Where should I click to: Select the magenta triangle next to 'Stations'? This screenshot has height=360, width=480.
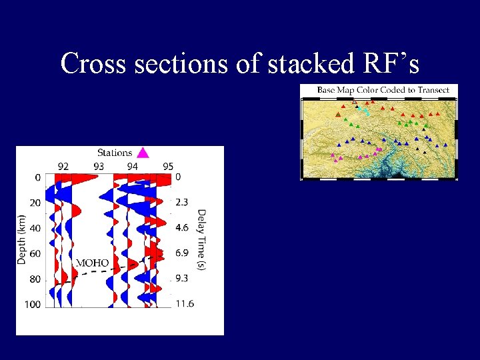click(x=142, y=153)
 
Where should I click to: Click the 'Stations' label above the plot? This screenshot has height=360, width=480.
click(x=114, y=153)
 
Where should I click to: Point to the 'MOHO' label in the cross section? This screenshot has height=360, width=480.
click(x=92, y=263)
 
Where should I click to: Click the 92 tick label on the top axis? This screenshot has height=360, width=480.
click(x=63, y=166)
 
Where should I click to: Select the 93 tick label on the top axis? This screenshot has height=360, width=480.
click(x=98, y=166)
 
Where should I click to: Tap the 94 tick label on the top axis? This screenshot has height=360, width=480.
click(x=133, y=166)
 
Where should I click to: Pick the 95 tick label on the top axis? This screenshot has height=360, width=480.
click(x=167, y=166)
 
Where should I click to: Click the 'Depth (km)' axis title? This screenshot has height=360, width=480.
click(x=23, y=239)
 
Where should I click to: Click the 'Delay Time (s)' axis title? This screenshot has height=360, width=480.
click(x=201, y=239)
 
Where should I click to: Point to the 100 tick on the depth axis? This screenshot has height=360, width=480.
click(x=33, y=305)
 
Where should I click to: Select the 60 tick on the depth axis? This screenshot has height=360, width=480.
click(x=35, y=253)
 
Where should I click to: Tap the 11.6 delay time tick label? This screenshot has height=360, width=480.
click(x=185, y=304)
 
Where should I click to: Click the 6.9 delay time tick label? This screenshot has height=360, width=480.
click(x=182, y=253)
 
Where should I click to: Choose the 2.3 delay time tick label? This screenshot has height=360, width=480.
click(x=182, y=202)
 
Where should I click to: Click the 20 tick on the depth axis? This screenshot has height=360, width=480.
click(x=35, y=203)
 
